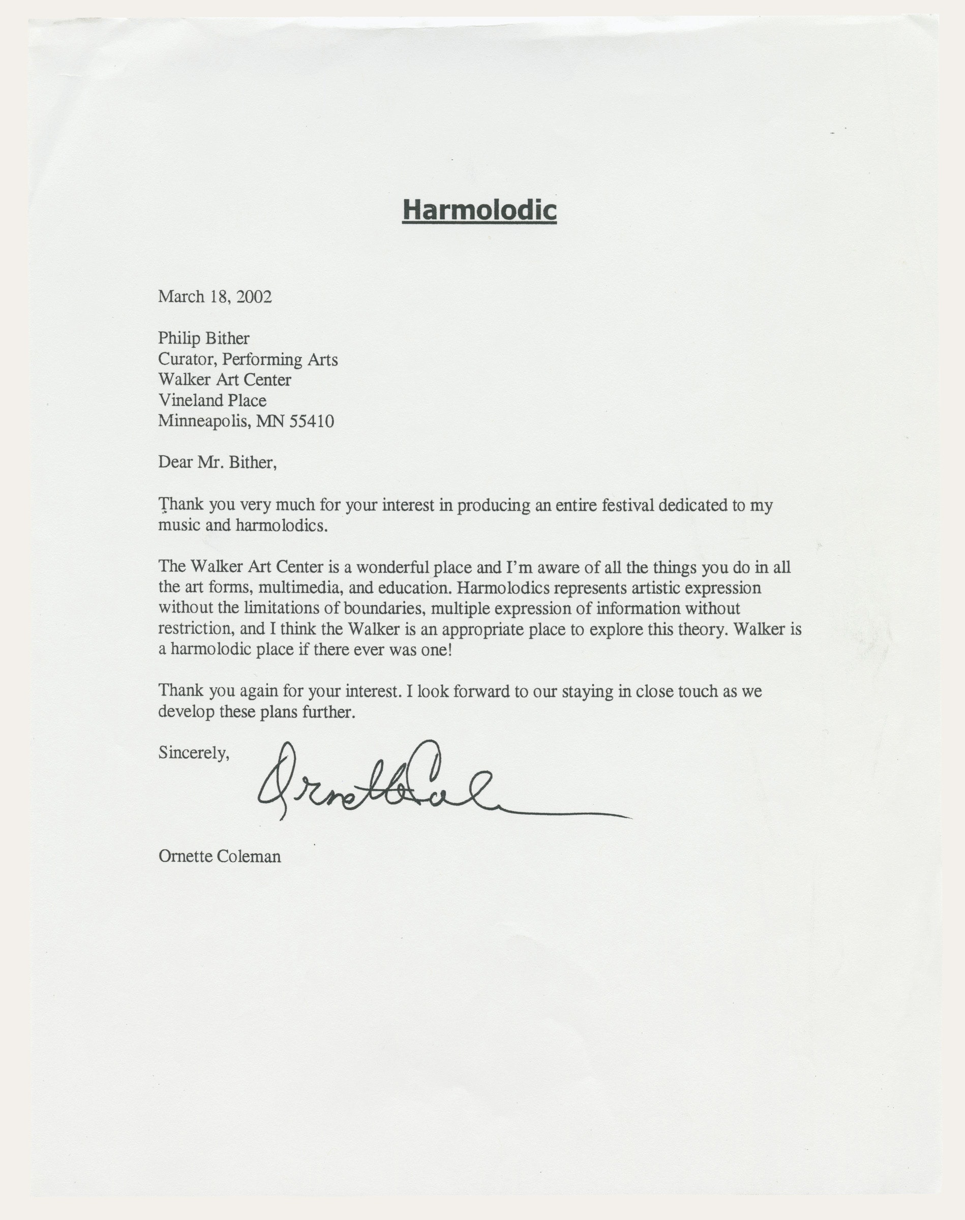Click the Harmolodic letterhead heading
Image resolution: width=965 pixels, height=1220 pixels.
pyautogui.click(x=479, y=210)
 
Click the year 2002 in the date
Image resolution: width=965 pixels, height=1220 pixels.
pyautogui.click(x=254, y=296)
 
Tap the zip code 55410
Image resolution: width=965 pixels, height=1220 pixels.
pyautogui.click(x=311, y=421)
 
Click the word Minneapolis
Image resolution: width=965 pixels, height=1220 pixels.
pyautogui.click(x=203, y=421)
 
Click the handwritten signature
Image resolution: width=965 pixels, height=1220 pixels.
pyautogui.click(x=396, y=782)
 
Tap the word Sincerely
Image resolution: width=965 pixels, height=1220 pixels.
pyautogui.click(x=193, y=753)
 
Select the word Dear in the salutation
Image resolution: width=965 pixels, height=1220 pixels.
pyautogui.click(x=175, y=463)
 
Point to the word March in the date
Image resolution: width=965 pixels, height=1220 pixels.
pyautogui.click(x=181, y=296)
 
